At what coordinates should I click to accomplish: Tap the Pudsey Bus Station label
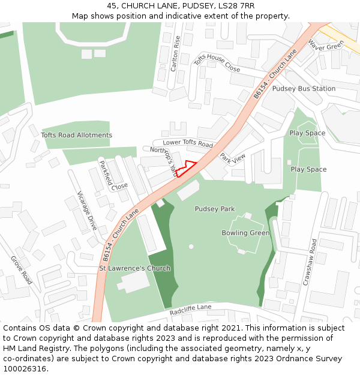point(304,89)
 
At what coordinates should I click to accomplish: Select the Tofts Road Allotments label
point(76,135)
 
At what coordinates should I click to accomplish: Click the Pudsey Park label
point(215,209)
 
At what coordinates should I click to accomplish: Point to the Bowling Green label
point(245,233)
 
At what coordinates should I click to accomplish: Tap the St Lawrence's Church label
point(134,268)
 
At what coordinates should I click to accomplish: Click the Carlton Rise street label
point(175,53)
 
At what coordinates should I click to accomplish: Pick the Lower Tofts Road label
point(188,143)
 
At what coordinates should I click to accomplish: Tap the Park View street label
point(232,158)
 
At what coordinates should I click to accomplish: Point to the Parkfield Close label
point(113,175)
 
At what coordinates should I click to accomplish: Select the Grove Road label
point(21,270)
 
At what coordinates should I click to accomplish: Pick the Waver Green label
point(326,45)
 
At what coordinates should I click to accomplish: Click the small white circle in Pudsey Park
point(191,247)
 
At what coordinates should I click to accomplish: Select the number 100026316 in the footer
point(25,369)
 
